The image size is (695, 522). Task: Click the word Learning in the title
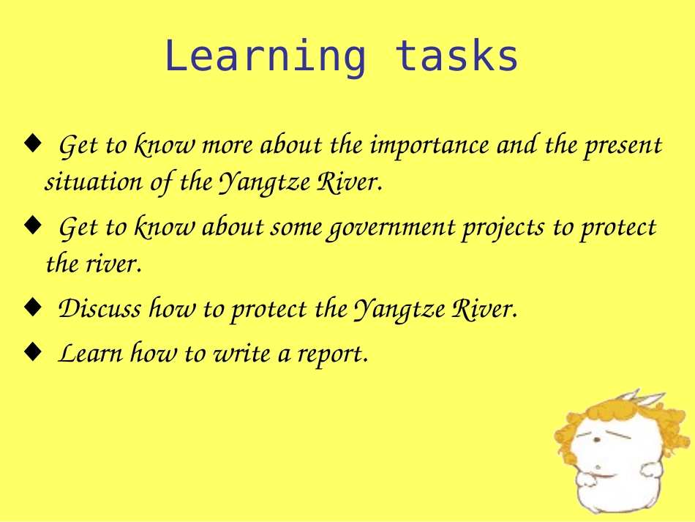point(264,57)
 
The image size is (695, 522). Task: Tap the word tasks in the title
point(457,57)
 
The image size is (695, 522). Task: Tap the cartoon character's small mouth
point(599,468)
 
